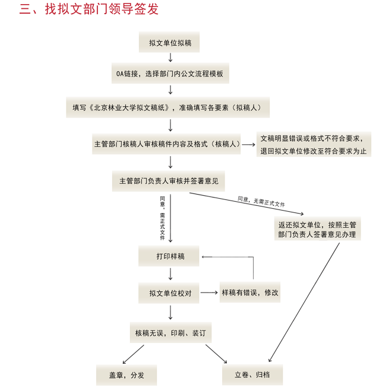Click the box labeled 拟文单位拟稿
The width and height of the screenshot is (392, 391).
[x=170, y=43]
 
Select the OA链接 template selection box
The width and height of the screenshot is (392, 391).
[x=170, y=74]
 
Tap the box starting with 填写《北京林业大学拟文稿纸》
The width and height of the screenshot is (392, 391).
[x=170, y=108]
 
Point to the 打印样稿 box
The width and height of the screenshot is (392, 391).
[x=170, y=256]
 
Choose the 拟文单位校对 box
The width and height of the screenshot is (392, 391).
[x=170, y=293]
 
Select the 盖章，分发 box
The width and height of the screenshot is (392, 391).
[x=126, y=375]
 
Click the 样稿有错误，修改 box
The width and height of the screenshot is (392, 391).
[x=249, y=293]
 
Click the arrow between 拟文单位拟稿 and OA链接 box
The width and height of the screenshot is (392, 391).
[x=170, y=58]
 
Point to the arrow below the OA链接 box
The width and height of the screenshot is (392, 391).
[x=170, y=90]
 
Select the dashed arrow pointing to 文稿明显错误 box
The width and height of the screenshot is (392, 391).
[x=248, y=144]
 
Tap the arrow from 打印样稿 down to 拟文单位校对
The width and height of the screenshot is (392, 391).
[x=170, y=274]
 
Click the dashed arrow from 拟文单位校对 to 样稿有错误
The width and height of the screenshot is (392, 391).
[x=208, y=293]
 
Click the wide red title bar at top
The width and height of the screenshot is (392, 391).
[x=102, y=8]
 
